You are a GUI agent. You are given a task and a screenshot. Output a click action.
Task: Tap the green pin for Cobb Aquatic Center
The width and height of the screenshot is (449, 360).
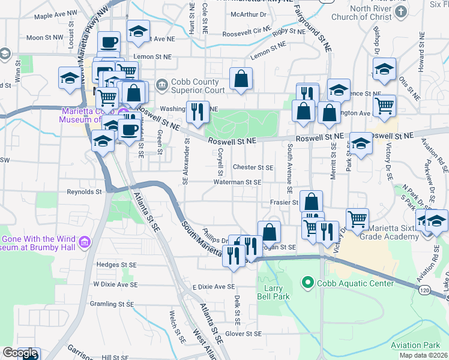[308, 281]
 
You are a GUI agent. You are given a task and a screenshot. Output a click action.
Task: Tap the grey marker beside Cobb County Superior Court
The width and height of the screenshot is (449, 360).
[160, 83]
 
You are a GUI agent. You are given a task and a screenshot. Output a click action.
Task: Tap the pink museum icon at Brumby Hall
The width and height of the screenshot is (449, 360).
[85, 242]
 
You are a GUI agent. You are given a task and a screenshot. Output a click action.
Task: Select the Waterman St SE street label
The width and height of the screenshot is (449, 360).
[238, 182]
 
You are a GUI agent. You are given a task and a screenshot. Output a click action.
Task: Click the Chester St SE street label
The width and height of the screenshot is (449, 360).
[253, 167]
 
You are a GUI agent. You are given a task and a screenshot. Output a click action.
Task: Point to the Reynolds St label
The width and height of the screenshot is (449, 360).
[84, 193]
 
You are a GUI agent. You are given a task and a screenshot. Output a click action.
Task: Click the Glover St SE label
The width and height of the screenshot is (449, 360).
[243, 334]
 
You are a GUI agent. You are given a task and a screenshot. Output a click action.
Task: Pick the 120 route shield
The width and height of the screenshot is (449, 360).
[424, 290]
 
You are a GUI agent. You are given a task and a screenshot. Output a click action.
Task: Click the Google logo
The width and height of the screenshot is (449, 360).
[20, 353]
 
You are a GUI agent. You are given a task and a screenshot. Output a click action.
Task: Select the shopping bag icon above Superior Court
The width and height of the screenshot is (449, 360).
[241, 79]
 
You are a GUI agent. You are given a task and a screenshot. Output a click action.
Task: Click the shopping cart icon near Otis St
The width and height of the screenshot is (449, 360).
[384, 106]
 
